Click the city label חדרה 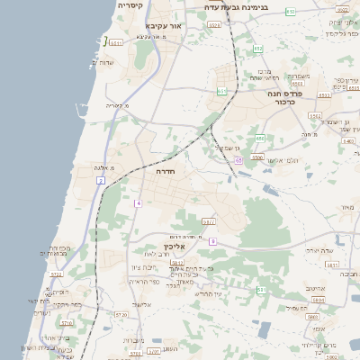[166, 170]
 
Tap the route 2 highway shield [101, 181]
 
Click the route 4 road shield [139, 203]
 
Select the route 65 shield [238, 160]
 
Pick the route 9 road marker [212, 241]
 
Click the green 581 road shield [261, 290]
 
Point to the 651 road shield [221, 91]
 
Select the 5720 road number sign [121, 315]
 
